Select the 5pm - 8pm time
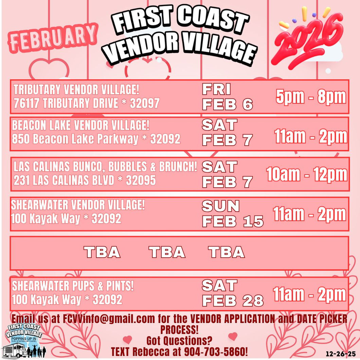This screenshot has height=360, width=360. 311,97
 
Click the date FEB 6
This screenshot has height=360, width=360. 228,105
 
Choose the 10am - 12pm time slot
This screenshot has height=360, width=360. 307,175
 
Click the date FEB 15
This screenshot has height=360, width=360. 233,221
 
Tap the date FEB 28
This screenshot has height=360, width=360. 233,301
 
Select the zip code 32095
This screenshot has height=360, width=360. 141,180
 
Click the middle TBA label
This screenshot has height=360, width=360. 167,252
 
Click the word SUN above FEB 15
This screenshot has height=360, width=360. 221,206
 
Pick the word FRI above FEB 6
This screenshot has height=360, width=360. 216,90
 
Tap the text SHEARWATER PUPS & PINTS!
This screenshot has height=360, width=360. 73,286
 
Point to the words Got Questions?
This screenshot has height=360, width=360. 179,340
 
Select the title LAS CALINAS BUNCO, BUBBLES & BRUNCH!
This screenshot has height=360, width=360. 105,167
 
